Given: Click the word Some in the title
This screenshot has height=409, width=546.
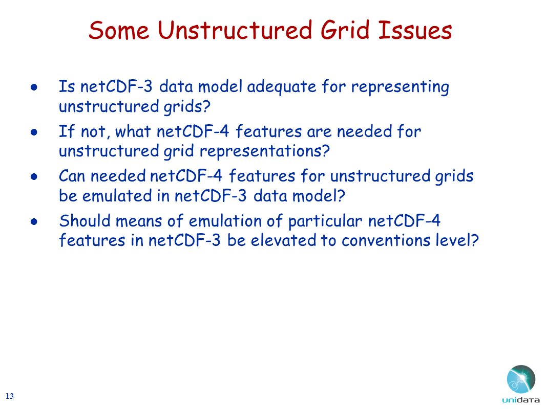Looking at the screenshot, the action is tap(119, 30).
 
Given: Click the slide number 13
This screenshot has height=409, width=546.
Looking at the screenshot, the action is tap(10, 396).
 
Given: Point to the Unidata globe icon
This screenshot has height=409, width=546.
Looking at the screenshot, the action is tap(521, 380).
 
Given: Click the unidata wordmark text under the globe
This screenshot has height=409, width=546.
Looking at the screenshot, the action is tap(520, 400).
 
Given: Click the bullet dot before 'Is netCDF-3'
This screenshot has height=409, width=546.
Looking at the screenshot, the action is tap(34, 87).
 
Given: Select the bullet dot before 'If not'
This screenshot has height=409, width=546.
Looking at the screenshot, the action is tap(34, 132).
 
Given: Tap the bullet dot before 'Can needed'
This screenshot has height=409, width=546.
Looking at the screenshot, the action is tap(34, 177).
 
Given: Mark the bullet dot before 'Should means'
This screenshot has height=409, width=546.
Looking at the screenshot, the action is tap(34, 222).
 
